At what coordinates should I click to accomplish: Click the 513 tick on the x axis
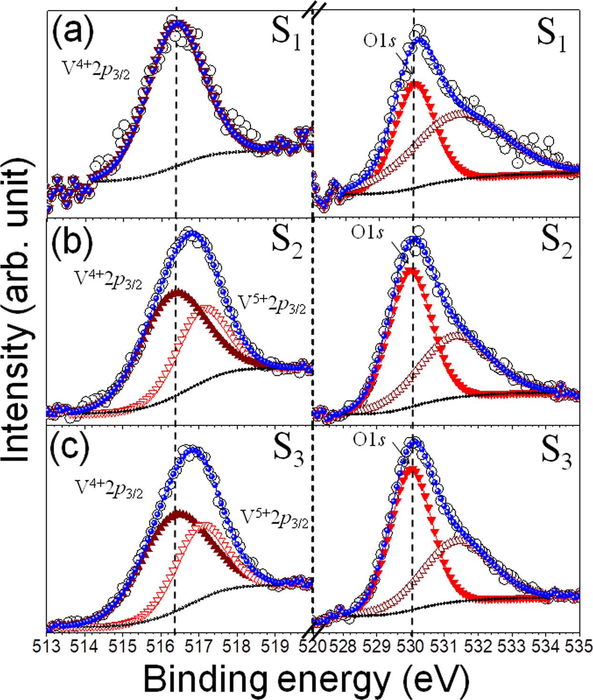tap(47, 646)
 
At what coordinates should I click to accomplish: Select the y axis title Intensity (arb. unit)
tap(18, 309)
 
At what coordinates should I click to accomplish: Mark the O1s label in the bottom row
tap(369, 440)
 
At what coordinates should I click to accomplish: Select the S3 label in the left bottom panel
tap(288, 451)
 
